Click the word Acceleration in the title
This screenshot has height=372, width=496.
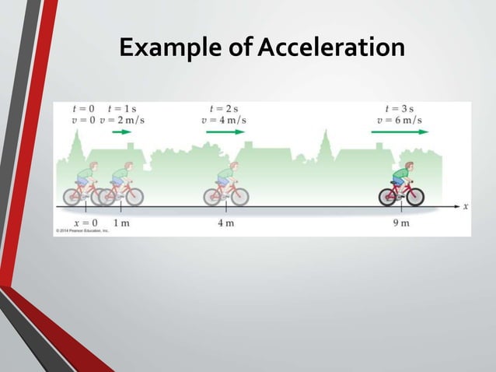(x=330, y=47)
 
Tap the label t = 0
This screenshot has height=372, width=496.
(x=82, y=109)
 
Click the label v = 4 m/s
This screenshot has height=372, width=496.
(x=224, y=120)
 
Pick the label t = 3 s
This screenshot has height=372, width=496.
(x=400, y=109)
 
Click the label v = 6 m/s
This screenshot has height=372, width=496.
(x=400, y=120)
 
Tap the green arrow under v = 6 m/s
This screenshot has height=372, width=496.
(x=400, y=132)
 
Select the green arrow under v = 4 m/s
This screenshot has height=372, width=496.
(x=225, y=132)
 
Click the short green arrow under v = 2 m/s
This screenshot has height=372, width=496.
(x=122, y=132)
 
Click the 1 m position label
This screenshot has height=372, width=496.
(x=121, y=223)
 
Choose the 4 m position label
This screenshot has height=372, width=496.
(x=226, y=223)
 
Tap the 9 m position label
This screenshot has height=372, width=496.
(x=401, y=223)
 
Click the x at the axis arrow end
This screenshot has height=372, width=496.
(x=466, y=206)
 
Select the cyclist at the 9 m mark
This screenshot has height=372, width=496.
(x=402, y=184)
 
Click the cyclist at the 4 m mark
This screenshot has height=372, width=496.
(x=226, y=184)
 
